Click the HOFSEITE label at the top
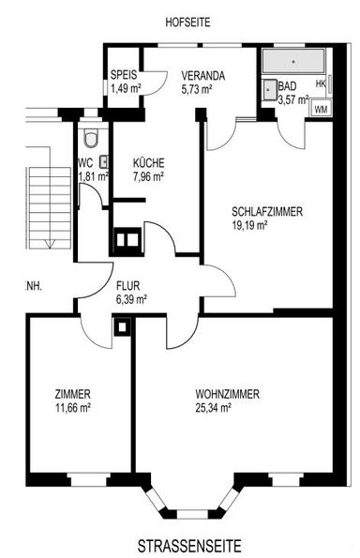point(186,21)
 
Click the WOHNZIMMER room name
point(227,394)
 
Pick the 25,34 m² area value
point(214,408)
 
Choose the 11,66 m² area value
point(72,408)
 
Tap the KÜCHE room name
point(148,161)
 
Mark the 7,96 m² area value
point(148,175)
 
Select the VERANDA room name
point(202,76)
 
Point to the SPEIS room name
point(124,76)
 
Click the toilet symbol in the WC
point(90,141)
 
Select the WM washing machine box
point(321,110)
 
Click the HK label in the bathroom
point(321,84)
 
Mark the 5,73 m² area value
point(198,89)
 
